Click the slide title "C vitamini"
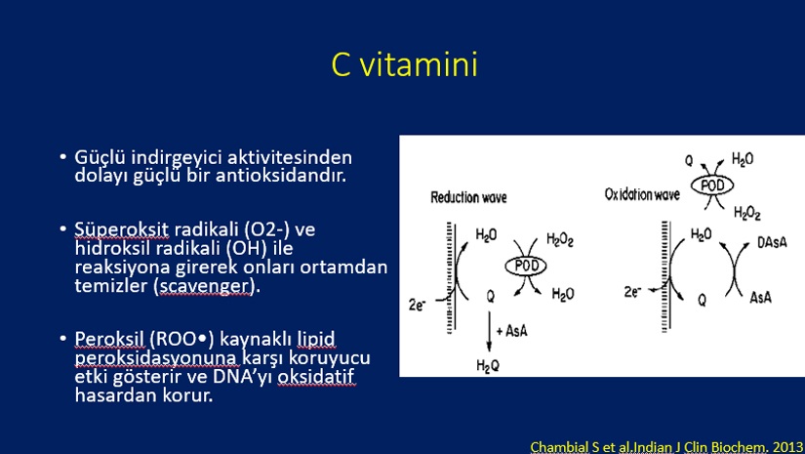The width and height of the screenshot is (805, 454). pyautogui.click(x=405, y=64)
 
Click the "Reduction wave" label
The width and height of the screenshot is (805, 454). pyautogui.click(x=468, y=198)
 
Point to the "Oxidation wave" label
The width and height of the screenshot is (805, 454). pyautogui.click(x=642, y=194)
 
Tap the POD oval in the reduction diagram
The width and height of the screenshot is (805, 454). pyautogui.click(x=526, y=266)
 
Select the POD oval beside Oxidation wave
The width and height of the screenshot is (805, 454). pyautogui.click(x=712, y=186)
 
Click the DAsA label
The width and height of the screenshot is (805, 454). pyautogui.click(x=772, y=242)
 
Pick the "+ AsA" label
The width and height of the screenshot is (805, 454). pyautogui.click(x=511, y=331)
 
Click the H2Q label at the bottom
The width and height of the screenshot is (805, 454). pyautogui.click(x=488, y=366)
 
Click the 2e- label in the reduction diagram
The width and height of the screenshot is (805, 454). pyautogui.click(x=417, y=305)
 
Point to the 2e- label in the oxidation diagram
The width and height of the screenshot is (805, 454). pyautogui.click(x=632, y=292)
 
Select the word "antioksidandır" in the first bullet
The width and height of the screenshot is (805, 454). pyautogui.click(x=281, y=175)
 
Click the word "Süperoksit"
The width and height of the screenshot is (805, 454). pyautogui.click(x=122, y=229)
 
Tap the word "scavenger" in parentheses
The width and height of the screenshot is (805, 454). pyautogui.click(x=207, y=285)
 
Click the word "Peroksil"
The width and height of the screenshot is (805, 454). pyautogui.click(x=109, y=340)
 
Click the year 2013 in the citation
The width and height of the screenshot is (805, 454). pyautogui.click(x=788, y=447)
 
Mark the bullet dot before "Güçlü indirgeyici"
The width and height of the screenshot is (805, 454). pyautogui.click(x=63, y=156)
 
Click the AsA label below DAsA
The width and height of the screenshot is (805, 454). pyautogui.click(x=760, y=297)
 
